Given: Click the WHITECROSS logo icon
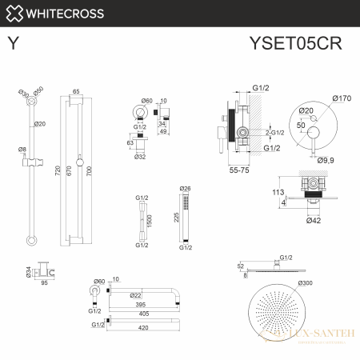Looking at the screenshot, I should [14, 13].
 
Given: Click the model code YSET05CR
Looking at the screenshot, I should [302, 40].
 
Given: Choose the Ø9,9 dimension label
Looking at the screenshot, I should [326, 161].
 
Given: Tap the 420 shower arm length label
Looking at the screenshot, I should [143, 326].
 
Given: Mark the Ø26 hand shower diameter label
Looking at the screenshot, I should [186, 189].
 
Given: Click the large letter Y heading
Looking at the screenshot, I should [13, 40].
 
